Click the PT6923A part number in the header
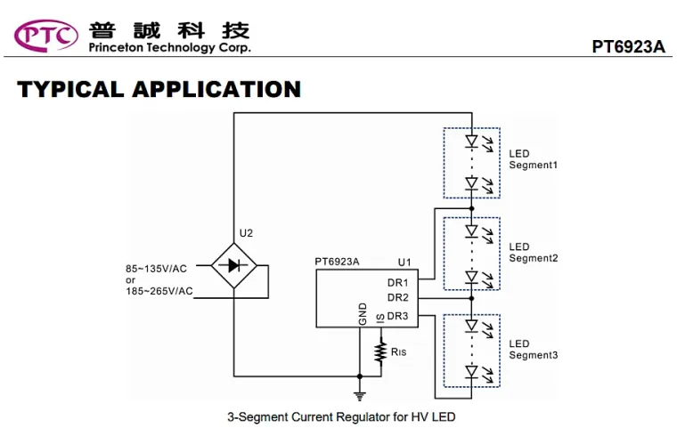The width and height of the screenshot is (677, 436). coord(628,47)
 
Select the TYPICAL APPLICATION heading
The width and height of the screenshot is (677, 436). coord(159,90)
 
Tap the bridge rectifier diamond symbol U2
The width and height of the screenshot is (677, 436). coord(233,264)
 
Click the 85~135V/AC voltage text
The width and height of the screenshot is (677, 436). coord(157,269)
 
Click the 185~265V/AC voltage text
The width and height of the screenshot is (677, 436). coord(160,290)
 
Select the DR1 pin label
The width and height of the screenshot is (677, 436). coord(397,282)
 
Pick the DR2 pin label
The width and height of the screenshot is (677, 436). coord(397,297)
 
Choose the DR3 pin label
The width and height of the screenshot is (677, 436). coord(397,316)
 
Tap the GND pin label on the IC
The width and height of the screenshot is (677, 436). coord(363,313)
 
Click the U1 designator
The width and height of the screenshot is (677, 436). coord(404,262)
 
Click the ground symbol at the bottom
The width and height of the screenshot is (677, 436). coord(360,394)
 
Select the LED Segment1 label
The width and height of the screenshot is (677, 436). coord(533,159)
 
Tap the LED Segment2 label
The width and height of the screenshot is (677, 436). coord(533,253)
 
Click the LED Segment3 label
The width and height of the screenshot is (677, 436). coord(533,350)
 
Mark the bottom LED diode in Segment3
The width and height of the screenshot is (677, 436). coord(472,371)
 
